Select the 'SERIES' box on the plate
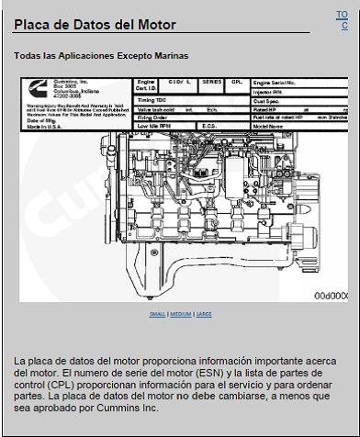point(211,84)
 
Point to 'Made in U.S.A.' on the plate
point(43,126)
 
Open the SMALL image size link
point(157,314)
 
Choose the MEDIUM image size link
point(180,314)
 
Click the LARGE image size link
point(203,314)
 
